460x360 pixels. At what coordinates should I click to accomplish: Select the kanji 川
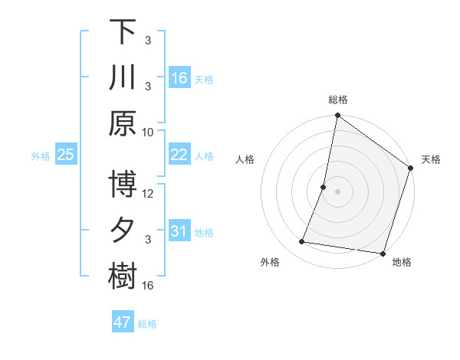click(123, 77)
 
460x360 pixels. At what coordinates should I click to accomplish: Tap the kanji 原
click(123, 123)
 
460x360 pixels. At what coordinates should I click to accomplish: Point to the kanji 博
click(123, 185)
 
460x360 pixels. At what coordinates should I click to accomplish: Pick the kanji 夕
click(123, 231)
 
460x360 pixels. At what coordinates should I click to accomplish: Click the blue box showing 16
click(179, 78)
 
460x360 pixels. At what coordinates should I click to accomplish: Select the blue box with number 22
click(179, 155)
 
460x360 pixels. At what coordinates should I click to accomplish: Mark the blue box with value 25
click(65, 155)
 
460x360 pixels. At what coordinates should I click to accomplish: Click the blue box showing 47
click(123, 322)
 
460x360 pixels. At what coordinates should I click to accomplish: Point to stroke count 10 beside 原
click(148, 131)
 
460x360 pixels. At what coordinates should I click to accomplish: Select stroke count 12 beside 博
click(148, 193)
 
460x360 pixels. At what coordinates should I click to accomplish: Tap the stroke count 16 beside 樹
click(148, 285)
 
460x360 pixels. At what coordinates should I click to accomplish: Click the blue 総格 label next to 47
click(147, 324)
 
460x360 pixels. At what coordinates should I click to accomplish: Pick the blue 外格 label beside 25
click(41, 156)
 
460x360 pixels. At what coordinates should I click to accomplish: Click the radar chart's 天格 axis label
click(431, 159)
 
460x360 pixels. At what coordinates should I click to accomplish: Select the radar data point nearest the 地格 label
click(383, 253)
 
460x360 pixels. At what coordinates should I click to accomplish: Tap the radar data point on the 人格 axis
click(324, 187)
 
